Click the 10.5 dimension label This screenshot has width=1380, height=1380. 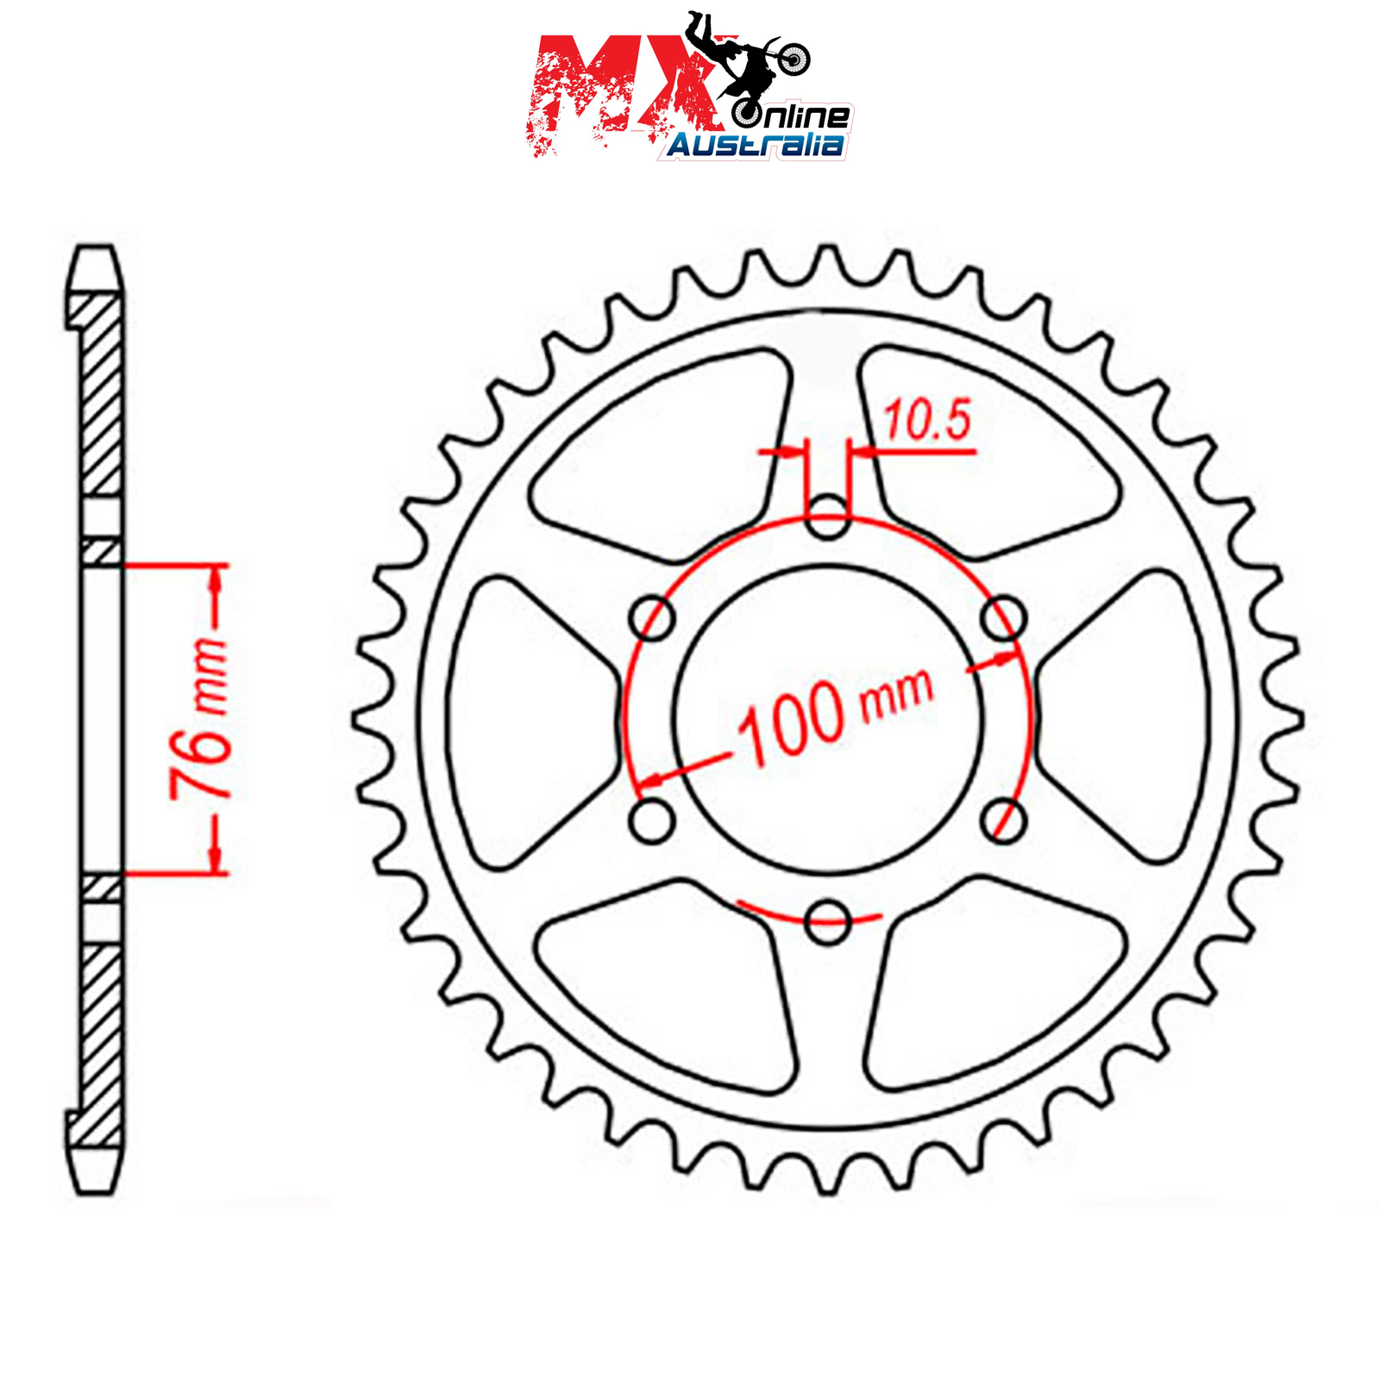[x=927, y=420]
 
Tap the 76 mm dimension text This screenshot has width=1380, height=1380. [x=200, y=718]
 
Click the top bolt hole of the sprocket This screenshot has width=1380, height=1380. [x=827, y=517]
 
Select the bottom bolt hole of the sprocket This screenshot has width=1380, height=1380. [x=827, y=921]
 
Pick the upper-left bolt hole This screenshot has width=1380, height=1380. [x=652, y=618]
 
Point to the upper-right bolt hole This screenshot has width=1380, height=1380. [x=1003, y=618]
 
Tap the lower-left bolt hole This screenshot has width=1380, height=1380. [x=652, y=820]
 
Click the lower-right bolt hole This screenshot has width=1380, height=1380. [x=1003, y=820]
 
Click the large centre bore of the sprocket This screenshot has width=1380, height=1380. [x=827, y=719]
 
